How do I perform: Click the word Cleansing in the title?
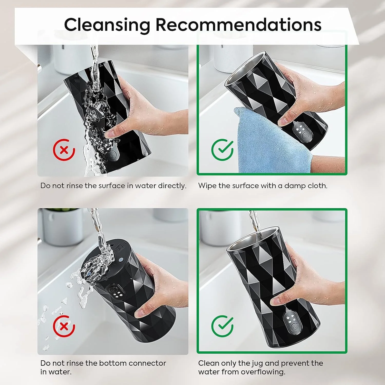click(x=107, y=25)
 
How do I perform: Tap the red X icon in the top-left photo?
click(x=64, y=150)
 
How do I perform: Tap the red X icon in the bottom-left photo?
click(x=64, y=326)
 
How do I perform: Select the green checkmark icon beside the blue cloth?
click(x=222, y=150)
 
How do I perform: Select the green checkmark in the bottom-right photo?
click(x=222, y=326)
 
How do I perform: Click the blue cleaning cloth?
click(x=272, y=141)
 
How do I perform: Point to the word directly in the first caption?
click(x=172, y=186)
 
